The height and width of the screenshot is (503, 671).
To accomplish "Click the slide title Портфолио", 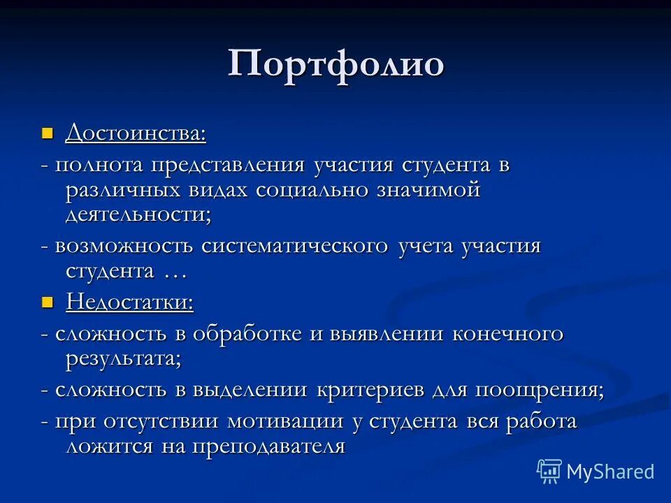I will [x=335, y=64].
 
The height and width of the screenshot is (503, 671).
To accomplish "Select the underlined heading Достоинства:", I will [x=136, y=132].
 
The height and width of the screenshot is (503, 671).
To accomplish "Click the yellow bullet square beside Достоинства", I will [x=48, y=132].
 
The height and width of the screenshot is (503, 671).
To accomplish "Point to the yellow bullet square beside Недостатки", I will [x=48, y=302].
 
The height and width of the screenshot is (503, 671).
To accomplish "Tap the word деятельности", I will [x=136, y=214].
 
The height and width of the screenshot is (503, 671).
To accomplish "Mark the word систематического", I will [x=294, y=247].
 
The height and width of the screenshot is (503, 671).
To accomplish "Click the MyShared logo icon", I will [x=549, y=472].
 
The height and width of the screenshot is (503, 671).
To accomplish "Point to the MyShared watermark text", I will [x=610, y=472].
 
